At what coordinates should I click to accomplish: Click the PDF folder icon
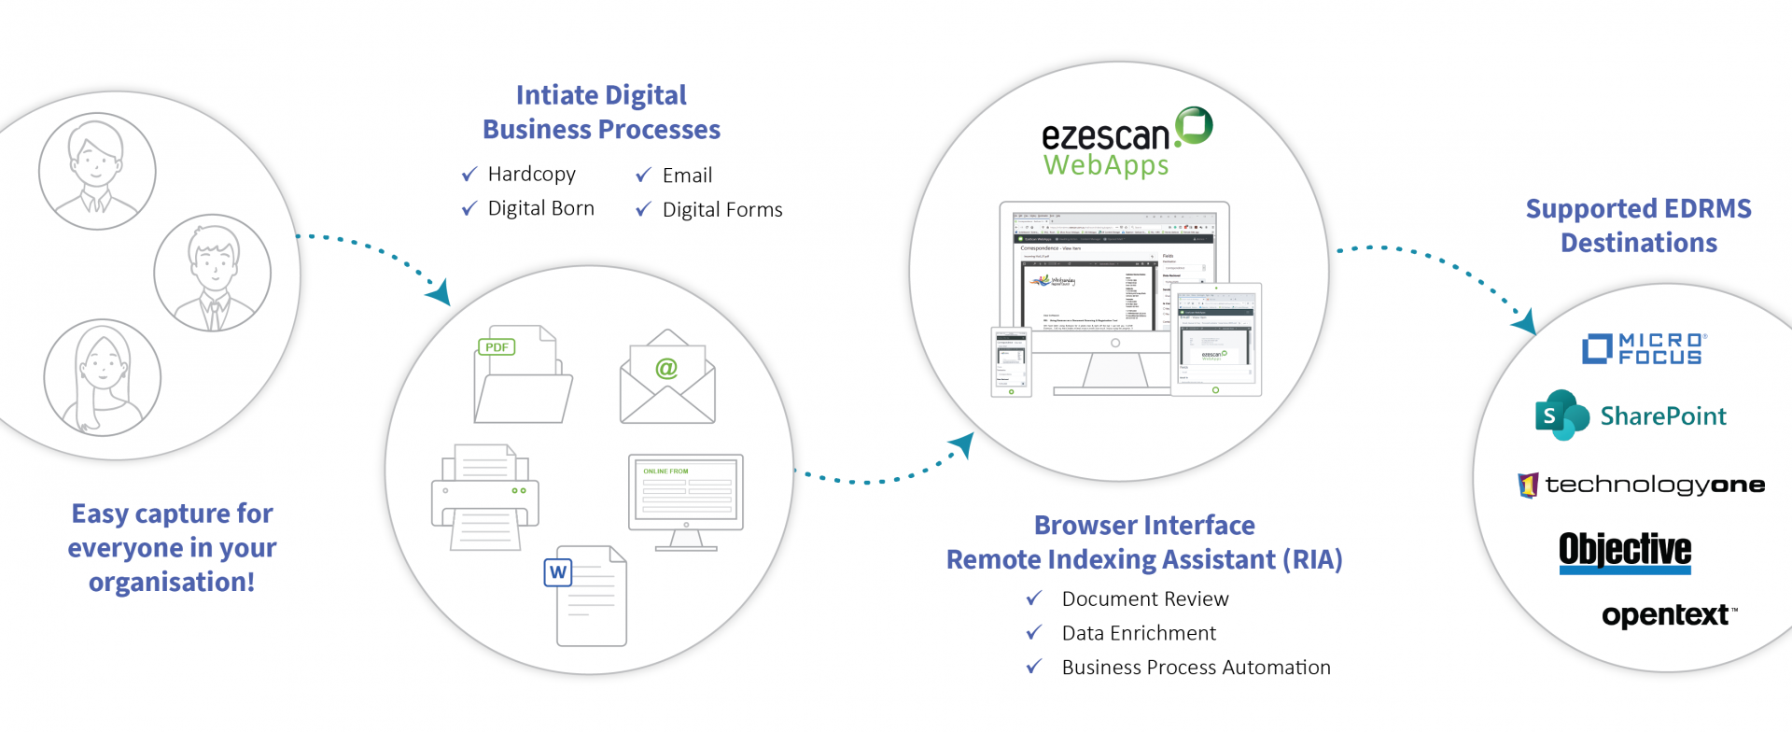(523, 375)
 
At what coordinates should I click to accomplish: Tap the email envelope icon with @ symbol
(667, 378)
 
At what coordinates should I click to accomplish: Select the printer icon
(484, 497)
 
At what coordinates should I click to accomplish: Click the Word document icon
(586, 596)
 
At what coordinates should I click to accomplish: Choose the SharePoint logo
(1631, 415)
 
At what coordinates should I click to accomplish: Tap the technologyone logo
(1642, 485)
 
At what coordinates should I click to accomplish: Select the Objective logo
(1625, 552)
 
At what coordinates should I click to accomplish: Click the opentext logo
(1669, 615)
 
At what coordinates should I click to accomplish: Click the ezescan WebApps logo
(1127, 143)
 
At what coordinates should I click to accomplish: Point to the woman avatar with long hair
(103, 377)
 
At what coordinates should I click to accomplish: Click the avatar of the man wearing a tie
(213, 273)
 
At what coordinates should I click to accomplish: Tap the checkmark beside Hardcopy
(469, 175)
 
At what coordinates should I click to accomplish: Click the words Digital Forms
(722, 210)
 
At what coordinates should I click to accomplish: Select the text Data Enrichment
(1139, 633)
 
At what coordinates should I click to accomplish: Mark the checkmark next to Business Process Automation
(1034, 667)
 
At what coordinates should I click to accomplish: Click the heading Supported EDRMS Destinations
(1638, 226)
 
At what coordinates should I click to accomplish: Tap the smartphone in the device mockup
(1011, 361)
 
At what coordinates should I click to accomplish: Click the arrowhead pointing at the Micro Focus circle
(1525, 322)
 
